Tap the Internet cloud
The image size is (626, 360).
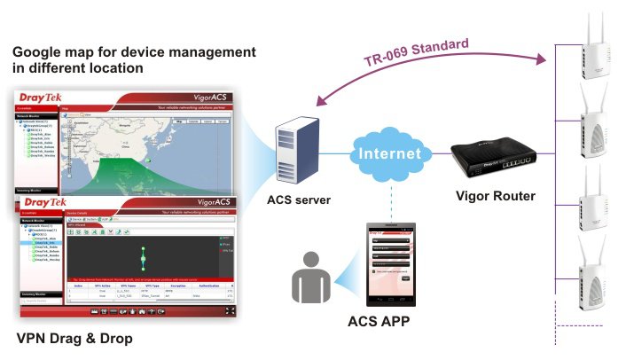pyautogui.click(x=388, y=154)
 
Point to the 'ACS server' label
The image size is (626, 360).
pyautogui.click(x=298, y=200)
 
